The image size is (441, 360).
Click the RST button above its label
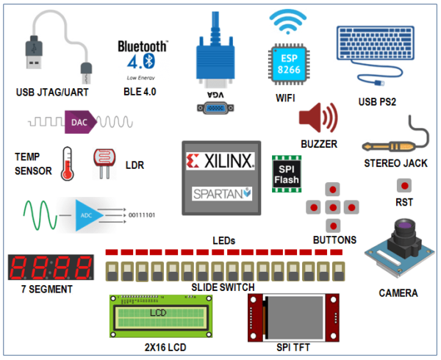(403, 185)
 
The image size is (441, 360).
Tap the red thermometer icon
(67, 162)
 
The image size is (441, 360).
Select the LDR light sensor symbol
(103, 163)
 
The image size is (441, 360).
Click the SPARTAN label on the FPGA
(221, 194)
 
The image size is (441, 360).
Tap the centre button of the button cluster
(333, 207)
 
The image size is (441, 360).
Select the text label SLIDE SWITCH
(223, 287)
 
